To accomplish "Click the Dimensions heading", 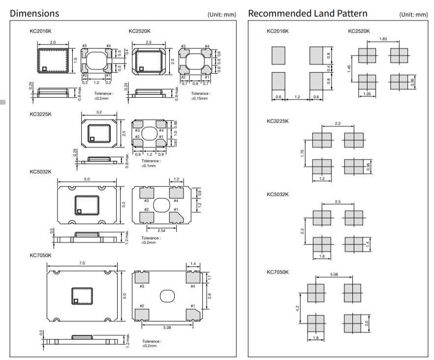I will [x=34, y=13].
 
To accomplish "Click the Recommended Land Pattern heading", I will [x=308, y=13].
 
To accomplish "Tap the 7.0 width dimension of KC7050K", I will [x=82, y=264].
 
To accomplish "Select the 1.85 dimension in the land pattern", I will [x=382, y=39].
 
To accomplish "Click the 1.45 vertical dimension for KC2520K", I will [x=349, y=69].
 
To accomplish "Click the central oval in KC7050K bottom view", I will [x=167, y=296].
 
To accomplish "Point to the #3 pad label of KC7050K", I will [x=142, y=286].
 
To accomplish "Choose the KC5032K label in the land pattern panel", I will [x=278, y=194].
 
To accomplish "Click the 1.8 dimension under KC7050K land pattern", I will [x=315, y=337].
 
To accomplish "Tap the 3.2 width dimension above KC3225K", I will [x=99, y=113].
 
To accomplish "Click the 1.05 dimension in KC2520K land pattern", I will [x=367, y=92].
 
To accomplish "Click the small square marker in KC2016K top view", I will [x=44, y=69].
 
